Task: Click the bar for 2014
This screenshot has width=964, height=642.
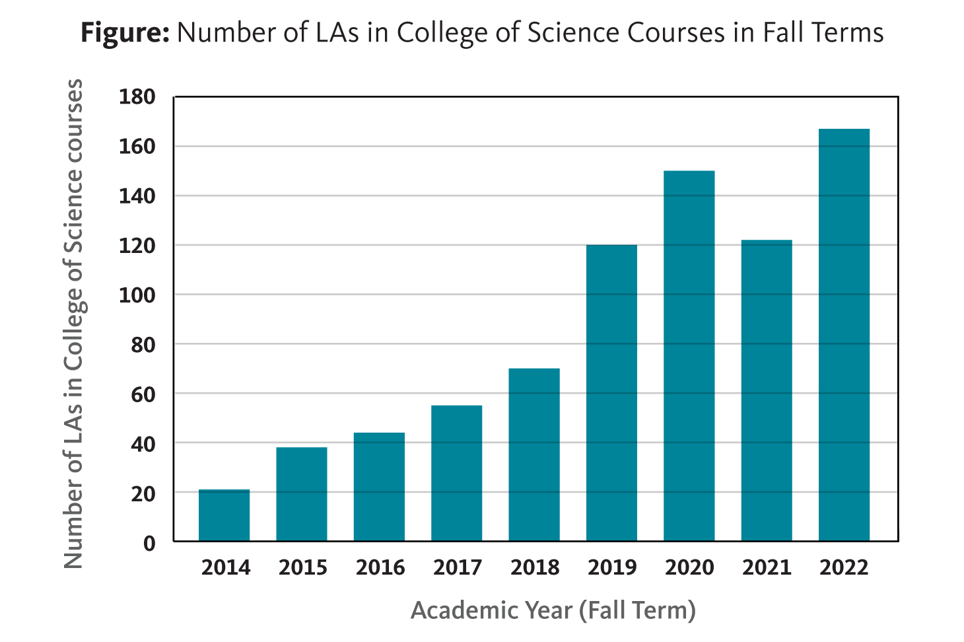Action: tap(224, 515)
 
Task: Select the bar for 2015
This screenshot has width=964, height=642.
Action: tap(302, 494)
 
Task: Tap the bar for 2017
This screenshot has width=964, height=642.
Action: tap(456, 473)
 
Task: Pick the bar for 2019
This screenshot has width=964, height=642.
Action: tap(611, 393)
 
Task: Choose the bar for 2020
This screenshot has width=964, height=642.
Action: tap(689, 356)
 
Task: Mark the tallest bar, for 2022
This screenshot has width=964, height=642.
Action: tap(844, 335)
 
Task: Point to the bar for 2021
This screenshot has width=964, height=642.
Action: tap(766, 390)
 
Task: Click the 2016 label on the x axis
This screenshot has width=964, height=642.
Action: tap(380, 567)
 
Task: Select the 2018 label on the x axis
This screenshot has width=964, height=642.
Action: tap(535, 567)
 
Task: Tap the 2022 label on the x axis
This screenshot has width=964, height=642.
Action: tap(844, 567)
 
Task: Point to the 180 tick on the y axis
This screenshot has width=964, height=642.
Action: tap(137, 97)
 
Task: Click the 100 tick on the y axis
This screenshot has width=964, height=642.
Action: tap(137, 295)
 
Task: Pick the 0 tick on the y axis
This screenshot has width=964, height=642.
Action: tap(149, 543)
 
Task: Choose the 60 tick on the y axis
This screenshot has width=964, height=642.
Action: tap(143, 394)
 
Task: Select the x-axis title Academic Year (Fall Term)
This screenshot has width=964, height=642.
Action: tap(553, 610)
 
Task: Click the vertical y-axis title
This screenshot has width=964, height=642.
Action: tap(73, 324)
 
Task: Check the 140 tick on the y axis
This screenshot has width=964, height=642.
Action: tap(137, 196)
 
